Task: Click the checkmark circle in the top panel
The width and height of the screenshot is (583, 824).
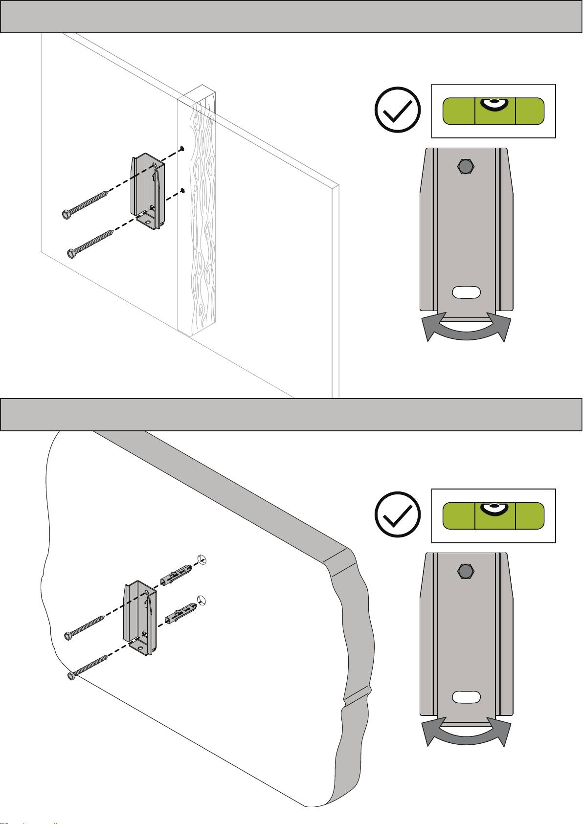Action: pos(397,110)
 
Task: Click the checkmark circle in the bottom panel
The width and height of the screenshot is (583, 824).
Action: pos(397,514)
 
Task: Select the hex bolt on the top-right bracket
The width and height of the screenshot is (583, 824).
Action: pos(466,166)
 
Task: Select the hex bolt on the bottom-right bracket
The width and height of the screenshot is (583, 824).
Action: pos(466,571)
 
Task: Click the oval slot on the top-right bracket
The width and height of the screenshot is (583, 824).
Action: pos(467,292)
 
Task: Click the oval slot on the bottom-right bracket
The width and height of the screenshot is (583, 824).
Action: pos(467,696)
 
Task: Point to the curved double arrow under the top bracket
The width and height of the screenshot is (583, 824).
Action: pos(467,330)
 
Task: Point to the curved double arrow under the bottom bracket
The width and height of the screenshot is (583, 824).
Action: pos(467,735)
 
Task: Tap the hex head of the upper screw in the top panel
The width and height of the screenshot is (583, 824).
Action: pos(65,214)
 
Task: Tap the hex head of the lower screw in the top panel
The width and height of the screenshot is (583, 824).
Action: pos(71,253)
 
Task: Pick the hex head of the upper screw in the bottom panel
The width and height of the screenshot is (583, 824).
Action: pos(68,636)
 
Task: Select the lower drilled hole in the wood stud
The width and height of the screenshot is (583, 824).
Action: pos(182,190)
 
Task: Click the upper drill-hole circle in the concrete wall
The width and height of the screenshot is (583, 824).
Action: pos(202,560)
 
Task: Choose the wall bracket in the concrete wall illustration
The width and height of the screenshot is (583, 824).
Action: pos(140,617)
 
